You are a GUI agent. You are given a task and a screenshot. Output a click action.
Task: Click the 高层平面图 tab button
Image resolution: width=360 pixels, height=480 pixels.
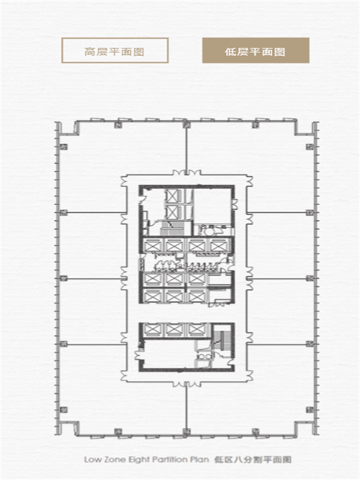pos(115,50)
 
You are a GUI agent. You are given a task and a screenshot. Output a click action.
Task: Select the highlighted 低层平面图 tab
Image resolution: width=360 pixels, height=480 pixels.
pos(256,50)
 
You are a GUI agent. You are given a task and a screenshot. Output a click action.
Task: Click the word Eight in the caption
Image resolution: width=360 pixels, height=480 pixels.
pos(139,460)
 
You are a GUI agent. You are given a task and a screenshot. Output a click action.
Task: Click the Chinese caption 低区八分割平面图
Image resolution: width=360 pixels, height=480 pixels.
pos(253,460)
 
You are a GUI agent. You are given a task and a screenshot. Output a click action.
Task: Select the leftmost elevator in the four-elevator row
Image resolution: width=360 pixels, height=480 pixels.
pos(152,245)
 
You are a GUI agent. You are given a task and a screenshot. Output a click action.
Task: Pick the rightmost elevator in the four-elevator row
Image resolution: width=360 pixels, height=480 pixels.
pos(218,245)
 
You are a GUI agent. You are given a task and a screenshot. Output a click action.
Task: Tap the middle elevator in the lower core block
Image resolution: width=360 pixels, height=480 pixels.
pos(175,330)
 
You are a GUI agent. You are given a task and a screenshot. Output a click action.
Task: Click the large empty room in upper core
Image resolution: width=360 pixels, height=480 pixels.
pos(212,206)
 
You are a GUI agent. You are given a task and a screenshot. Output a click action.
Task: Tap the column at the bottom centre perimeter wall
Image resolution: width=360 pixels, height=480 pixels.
pos(186,431)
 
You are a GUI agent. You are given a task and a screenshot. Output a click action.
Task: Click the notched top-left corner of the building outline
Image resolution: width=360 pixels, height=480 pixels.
pos(68,128)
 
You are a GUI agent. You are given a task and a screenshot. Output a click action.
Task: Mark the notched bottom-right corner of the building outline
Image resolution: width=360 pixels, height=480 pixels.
pos(306,428)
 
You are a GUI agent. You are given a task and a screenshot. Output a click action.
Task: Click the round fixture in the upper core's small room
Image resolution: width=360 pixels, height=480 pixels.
pos(209,232)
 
